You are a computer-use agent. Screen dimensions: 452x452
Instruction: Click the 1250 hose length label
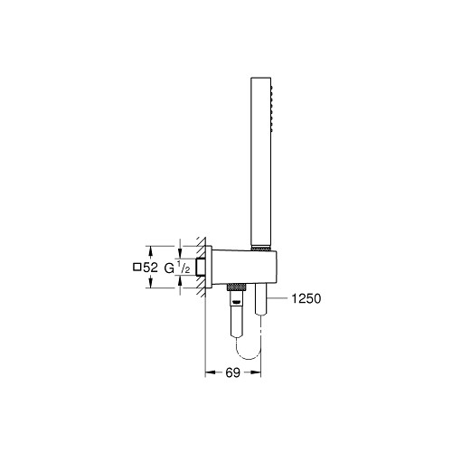click(306, 298)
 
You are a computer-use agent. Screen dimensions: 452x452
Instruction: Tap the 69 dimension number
click(232, 372)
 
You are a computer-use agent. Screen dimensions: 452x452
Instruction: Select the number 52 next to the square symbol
click(150, 268)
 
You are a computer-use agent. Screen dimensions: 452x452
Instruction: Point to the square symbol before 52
click(137, 268)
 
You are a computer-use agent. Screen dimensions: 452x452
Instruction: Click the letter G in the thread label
click(169, 268)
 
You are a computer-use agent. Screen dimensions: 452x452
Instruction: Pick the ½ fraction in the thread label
click(184, 268)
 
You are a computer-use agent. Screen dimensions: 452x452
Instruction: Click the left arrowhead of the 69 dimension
click(209, 372)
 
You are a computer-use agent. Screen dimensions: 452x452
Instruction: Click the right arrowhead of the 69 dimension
click(257, 372)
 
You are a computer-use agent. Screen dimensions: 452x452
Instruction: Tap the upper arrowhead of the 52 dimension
click(151, 250)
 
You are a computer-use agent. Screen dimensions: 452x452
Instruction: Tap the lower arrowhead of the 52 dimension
click(151, 284)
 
